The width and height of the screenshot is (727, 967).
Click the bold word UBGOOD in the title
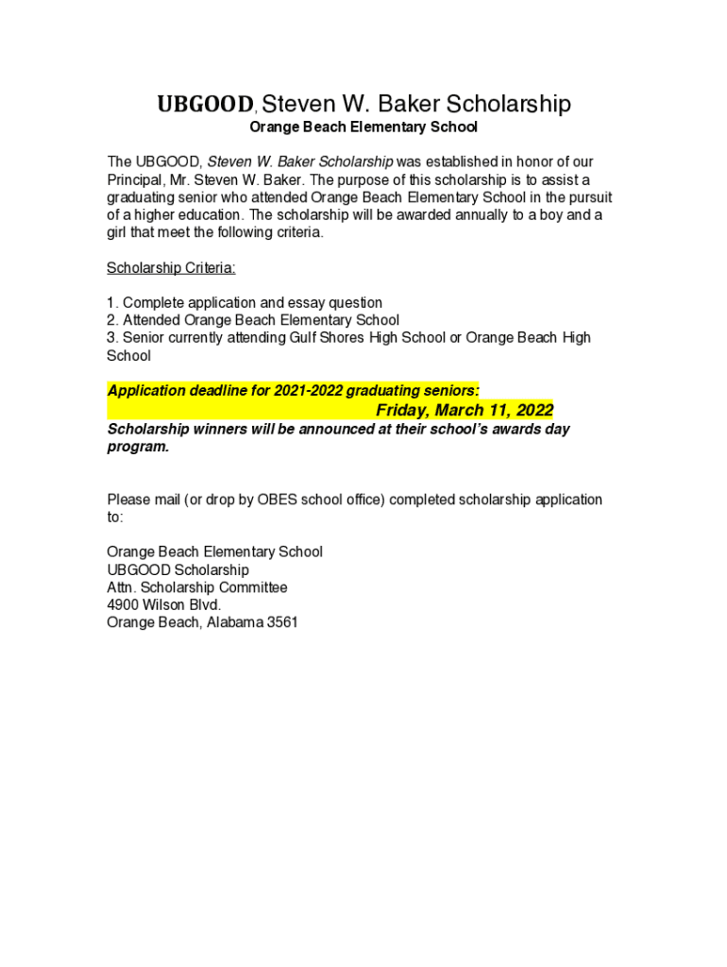point(205,105)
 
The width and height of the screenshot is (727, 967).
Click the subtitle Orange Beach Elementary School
point(363,127)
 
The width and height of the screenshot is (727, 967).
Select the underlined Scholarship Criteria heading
point(171,268)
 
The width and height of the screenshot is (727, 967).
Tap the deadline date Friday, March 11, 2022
point(465,410)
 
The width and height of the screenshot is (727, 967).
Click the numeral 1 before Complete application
point(111,303)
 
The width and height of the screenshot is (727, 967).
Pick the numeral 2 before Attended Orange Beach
point(111,320)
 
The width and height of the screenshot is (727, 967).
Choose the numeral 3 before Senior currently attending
point(111,338)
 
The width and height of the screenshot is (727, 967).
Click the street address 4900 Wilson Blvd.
point(164,605)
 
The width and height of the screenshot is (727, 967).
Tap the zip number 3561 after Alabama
point(283,623)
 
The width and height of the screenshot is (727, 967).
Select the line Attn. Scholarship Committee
point(197,587)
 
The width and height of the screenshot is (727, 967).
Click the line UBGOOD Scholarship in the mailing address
point(178,570)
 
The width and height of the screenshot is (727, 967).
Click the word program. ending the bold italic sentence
point(138,447)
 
